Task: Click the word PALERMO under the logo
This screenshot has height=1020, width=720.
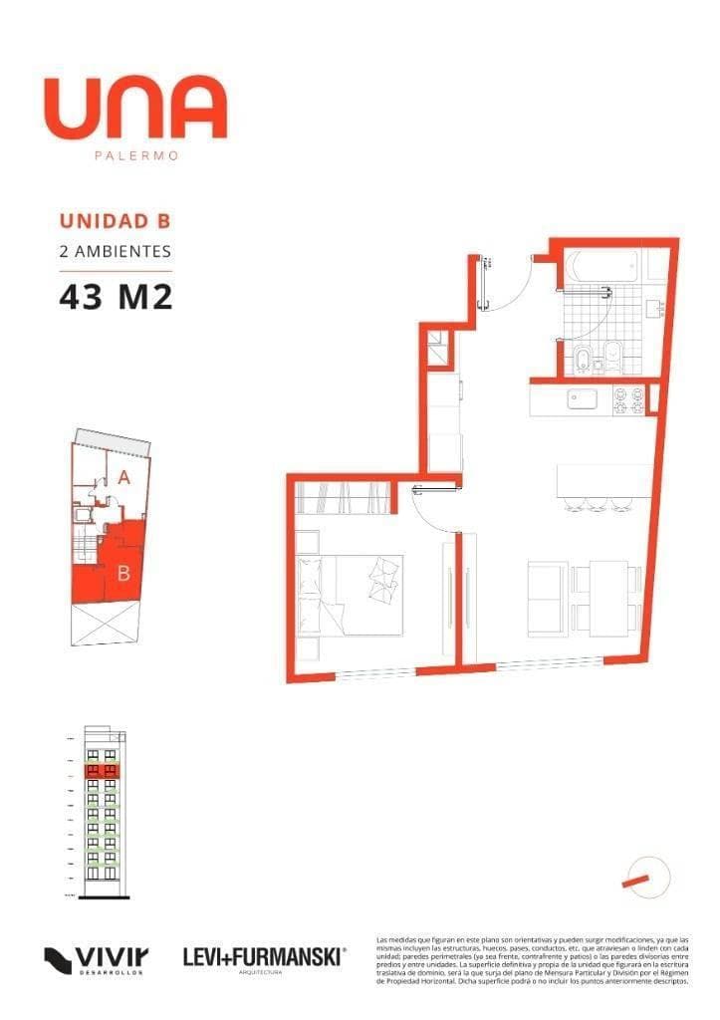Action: (135, 155)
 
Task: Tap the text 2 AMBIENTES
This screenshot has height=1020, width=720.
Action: (116, 252)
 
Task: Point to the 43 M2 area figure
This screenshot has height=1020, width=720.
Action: (116, 296)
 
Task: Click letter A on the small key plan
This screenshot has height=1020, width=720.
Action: (123, 477)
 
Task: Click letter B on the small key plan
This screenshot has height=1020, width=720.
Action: (123, 573)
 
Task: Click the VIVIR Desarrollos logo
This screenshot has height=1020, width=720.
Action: (98, 960)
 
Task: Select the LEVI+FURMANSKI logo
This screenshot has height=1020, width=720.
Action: (264, 958)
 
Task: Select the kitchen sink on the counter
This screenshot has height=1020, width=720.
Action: (582, 399)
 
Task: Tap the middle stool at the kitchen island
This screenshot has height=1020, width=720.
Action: (598, 503)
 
